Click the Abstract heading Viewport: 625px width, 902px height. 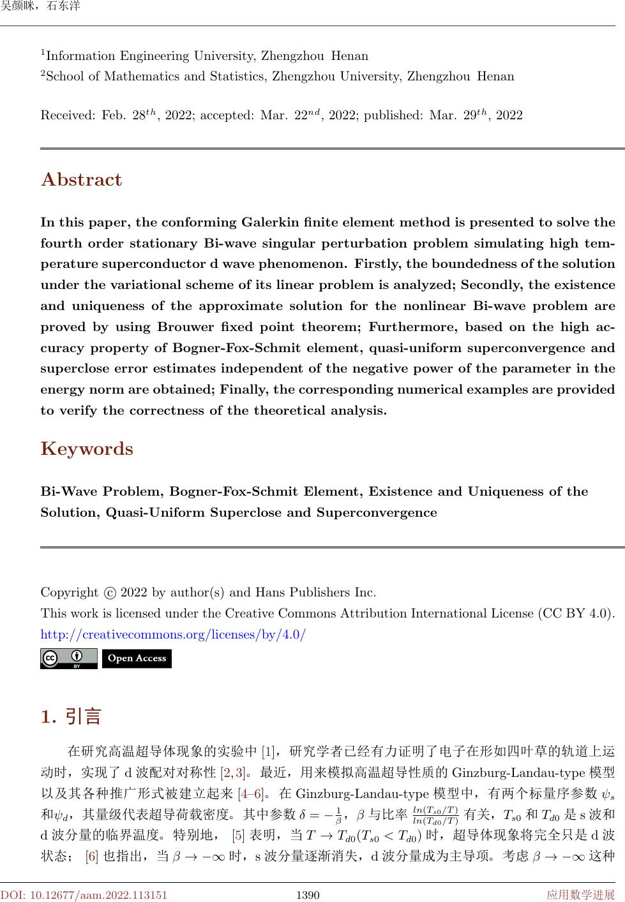(x=81, y=180)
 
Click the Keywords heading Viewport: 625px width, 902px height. (x=87, y=449)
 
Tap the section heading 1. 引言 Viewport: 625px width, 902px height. (x=71, y=716)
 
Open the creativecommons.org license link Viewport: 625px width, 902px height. (x=173, y=635)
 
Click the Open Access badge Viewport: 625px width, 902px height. (x=137, y=658)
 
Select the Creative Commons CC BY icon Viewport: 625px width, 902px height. (x=68, y=658)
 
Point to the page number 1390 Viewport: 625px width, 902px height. (x=308, y=895)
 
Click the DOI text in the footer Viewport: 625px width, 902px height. (x=84, y=895)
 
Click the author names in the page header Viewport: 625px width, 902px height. (x=40, y=7)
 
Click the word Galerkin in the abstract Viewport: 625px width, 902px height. (x=271, y=223)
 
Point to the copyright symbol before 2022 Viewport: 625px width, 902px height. (x=109, y=593)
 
